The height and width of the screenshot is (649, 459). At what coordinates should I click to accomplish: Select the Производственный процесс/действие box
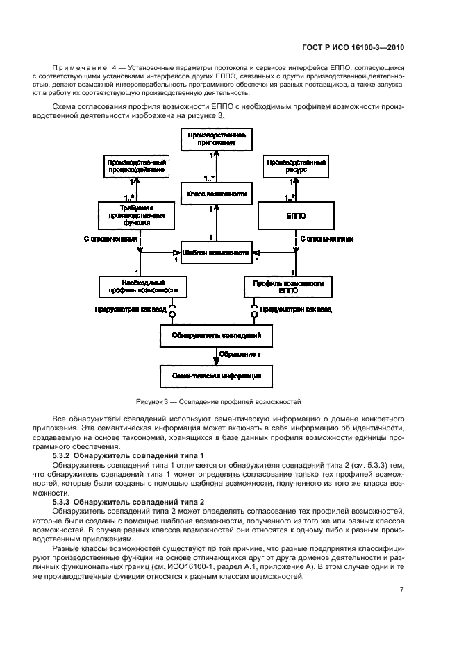coord(136,166)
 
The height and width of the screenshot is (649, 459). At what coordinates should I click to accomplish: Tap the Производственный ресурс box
coord(295,166)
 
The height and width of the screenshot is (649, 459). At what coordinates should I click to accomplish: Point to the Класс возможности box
coord(217,194)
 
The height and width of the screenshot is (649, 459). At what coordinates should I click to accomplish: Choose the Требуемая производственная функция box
coord(136,216)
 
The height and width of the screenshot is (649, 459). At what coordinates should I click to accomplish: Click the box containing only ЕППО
coord(292,216)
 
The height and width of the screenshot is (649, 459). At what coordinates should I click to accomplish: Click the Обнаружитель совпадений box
coord(216,336)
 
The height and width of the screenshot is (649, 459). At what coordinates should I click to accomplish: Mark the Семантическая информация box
coord(216,376)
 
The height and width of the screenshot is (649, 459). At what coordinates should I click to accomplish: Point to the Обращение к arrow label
coord(240,355)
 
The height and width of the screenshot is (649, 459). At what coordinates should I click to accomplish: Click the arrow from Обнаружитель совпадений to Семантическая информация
coord(216,356)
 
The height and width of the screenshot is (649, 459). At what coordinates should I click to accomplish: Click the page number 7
coord(402,590)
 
